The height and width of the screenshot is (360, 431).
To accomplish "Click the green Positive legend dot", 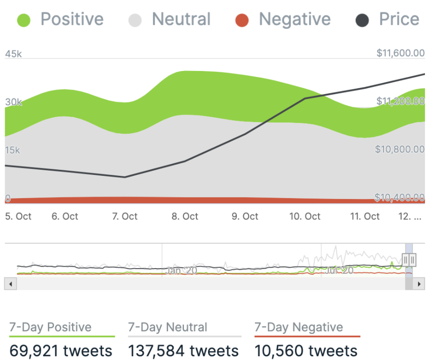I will [x=24, y=20].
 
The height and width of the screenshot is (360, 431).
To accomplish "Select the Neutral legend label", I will [x=181, y=19].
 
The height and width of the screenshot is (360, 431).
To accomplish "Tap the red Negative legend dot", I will [x=242, y=20].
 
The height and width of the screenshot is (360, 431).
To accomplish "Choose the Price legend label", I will [x=399, y=19].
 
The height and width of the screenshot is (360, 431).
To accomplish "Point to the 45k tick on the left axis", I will [x=13, y=54].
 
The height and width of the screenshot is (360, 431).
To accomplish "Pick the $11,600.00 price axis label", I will [x=400, y=53].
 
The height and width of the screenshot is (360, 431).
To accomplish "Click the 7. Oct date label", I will [x=125, y=216].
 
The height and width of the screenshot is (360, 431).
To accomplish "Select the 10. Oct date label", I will [x=305, y=216].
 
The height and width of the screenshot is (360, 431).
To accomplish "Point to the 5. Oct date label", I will [x=18, y=216].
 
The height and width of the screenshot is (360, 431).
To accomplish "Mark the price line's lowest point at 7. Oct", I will [x=125, y=177].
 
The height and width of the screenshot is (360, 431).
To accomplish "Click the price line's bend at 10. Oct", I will [x=305, y=98].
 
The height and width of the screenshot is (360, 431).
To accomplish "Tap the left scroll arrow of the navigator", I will [x=10, y=283].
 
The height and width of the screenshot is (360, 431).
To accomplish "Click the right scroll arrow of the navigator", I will [x=419, y=283].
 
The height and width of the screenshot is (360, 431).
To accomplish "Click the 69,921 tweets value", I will [x=61, y=351].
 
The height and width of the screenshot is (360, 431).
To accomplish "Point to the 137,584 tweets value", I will [x=183, y=351].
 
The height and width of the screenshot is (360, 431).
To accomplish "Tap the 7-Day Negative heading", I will [x=299, y=327].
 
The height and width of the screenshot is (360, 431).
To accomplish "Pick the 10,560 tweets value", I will [x=306, y=351].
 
